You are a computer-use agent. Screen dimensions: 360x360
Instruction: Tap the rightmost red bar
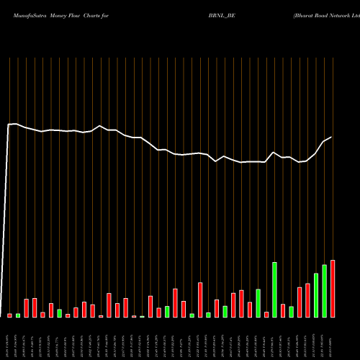click(x=333, y=288)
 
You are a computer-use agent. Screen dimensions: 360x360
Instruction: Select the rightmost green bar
click(x=324, y=291)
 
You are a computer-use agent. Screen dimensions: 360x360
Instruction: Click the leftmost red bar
click(x=10, y=315)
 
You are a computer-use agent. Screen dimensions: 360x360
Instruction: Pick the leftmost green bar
click(x=18, y=315)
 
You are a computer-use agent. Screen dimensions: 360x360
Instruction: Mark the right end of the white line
click(x=331, y=138)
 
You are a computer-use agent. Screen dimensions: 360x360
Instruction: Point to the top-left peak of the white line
click(x=14, y=124)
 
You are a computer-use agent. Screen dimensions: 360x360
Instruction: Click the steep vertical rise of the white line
click(x=8, y=216)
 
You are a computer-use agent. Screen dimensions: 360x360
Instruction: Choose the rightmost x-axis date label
click(x=333, y=338)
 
